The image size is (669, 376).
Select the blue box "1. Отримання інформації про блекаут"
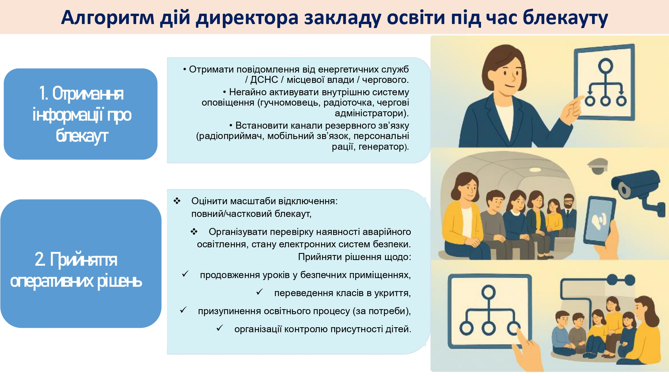pyautogui.click(x=81, y=114)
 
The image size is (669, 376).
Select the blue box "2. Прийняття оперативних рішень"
pyautogui.click(x=81, y=263)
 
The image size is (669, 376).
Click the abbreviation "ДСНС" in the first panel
pyautogui.click(x=264, y=80)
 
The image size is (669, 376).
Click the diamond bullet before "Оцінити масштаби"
pyautogui.click(x=177, y=201)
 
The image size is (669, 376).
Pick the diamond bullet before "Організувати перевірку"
pyautogui.click(x=194, y=232)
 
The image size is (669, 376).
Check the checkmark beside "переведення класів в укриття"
pyautogui.click(x=259, y=292)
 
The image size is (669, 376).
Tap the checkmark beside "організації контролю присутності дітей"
pyautogui.click(x=219, y=328)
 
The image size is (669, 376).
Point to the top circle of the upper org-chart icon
pyautogui.click(x=605, y=66)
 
